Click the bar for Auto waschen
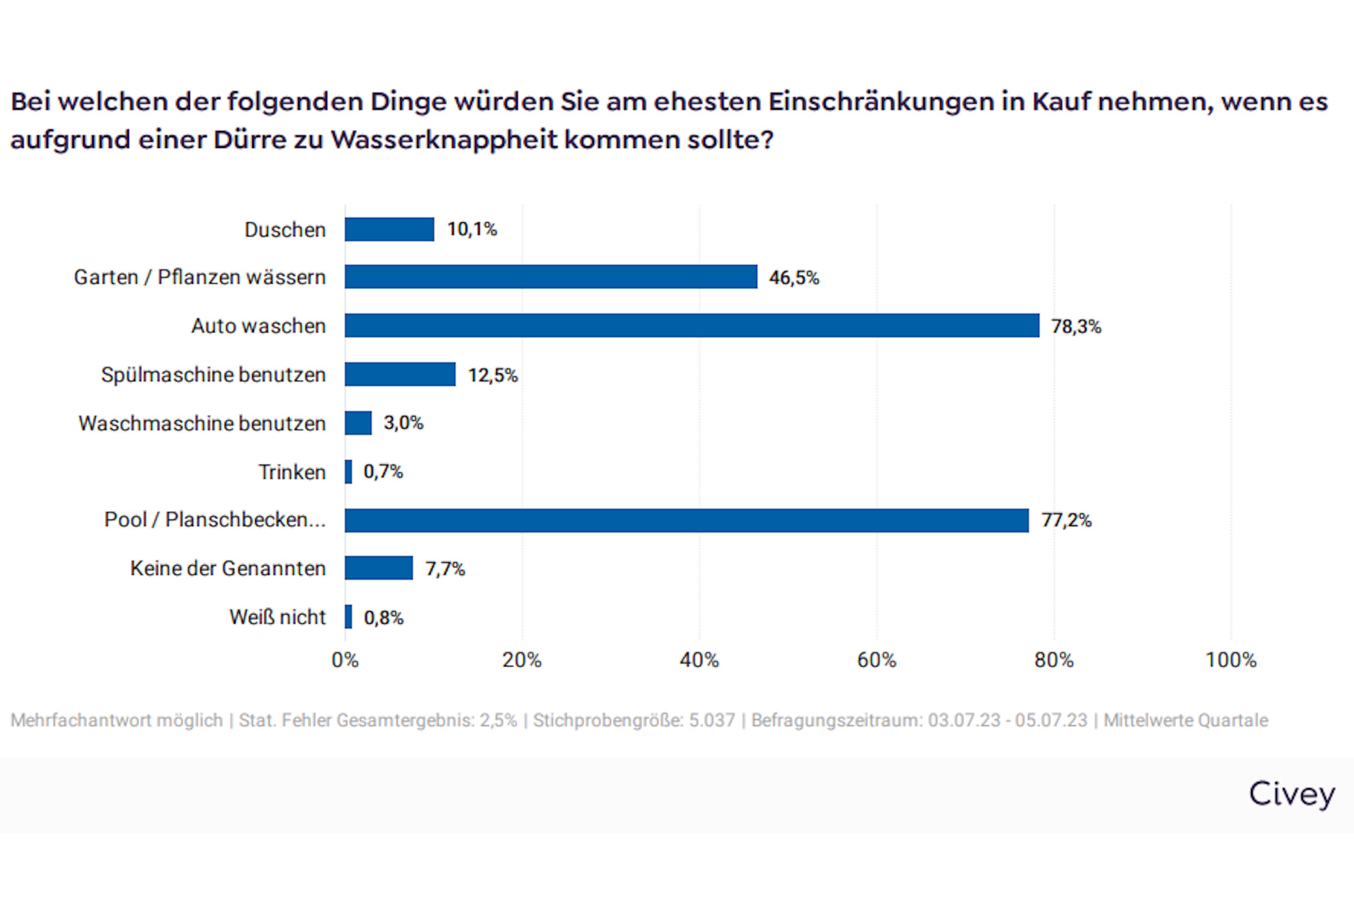coord(691,326)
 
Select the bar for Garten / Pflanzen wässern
coord(551,277)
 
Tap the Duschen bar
coord(389,229)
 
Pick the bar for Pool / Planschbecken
coord(687,520)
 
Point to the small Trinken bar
coord(348,471)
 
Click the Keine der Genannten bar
coord(379,568)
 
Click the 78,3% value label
coord(1075,326)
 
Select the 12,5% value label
coord(493,375)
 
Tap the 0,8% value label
coord(383,618)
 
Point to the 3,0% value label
coord(403,423)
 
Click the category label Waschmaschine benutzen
coord(202,423)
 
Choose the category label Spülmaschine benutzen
coord(213,374)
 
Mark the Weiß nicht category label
coord(277,617)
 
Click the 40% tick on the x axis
coord(699,660)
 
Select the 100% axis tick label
coord(1231,660)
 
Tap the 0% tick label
coord(345,660)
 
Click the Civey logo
coord(1291,794)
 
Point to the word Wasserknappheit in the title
coord(444,140)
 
